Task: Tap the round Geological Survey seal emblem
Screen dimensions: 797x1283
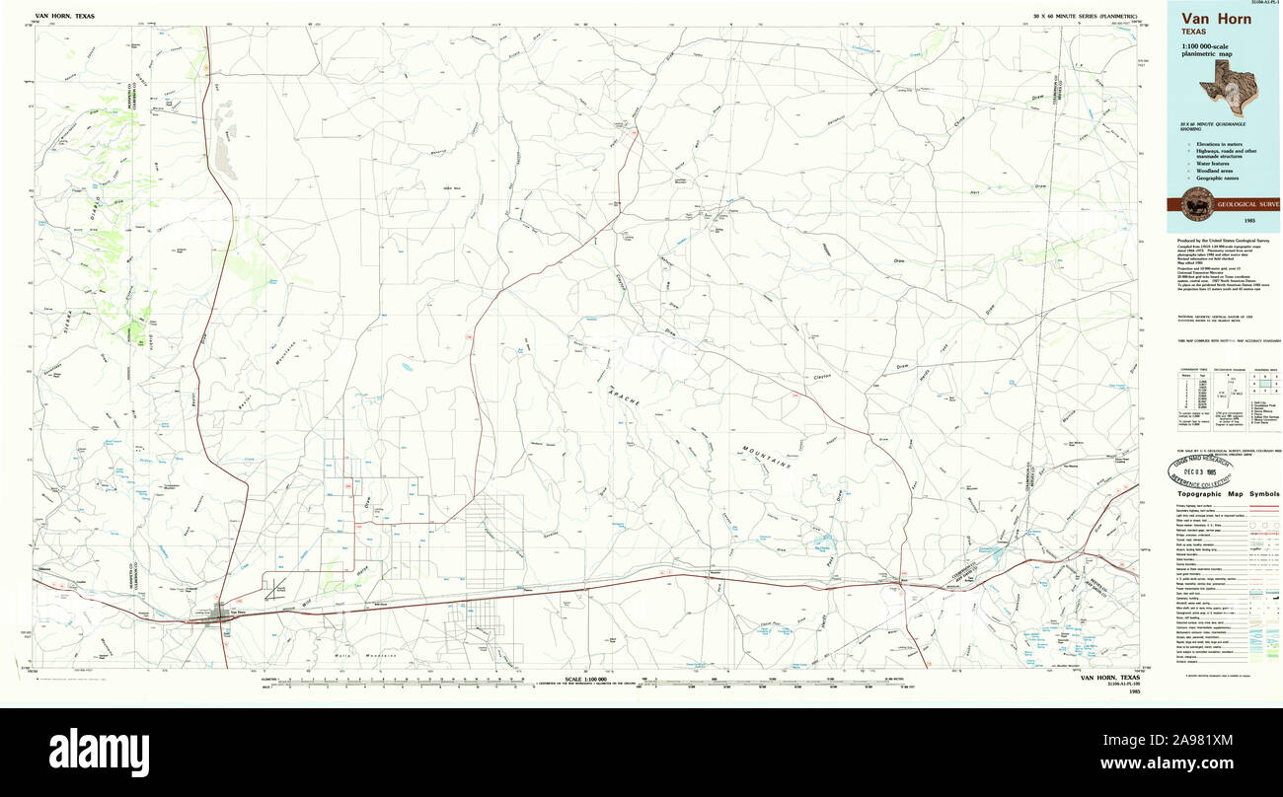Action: (x=1196, y=203)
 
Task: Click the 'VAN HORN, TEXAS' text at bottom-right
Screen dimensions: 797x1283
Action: (x=1110, y=678)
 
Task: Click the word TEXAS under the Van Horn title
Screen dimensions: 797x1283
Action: (x=1194, y=33)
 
